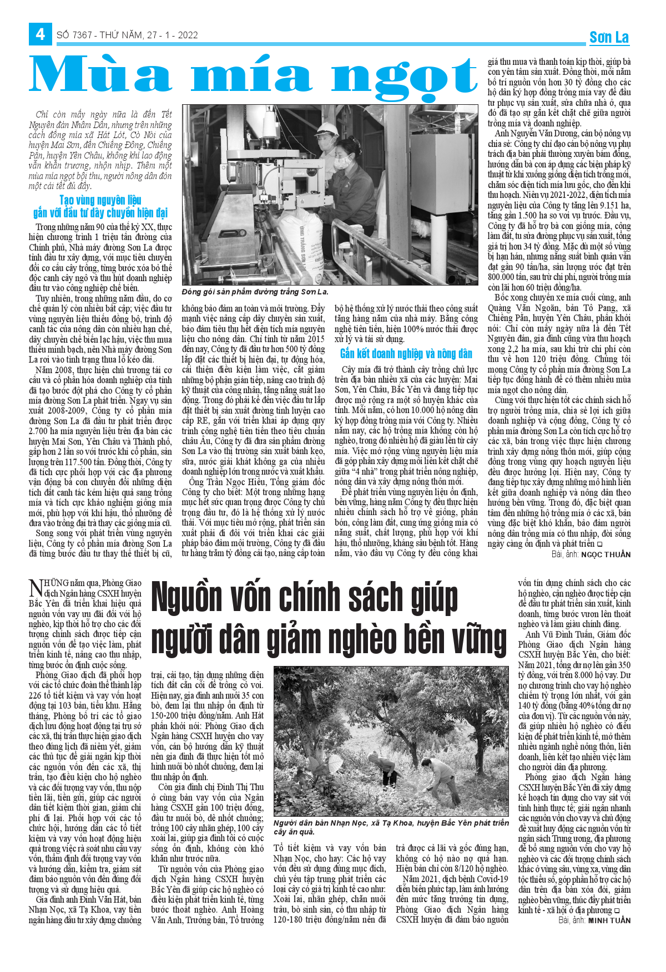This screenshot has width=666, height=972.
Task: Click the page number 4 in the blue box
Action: pyautogui.click(x=40, y=34)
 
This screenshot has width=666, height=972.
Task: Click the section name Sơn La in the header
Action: pyautogui.click(x=609, y=37)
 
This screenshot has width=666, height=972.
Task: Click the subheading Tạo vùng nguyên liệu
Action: pyautogui.click(x=100, y=200)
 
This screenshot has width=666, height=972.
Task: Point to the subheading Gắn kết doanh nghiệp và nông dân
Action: pyautogui.click(x=406, y=354)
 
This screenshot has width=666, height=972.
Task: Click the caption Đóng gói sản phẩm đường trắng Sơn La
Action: pyautogui.click(x=255, y=292)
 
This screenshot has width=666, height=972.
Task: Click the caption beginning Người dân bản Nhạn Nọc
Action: pyautogui.click(x=391, y=827)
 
